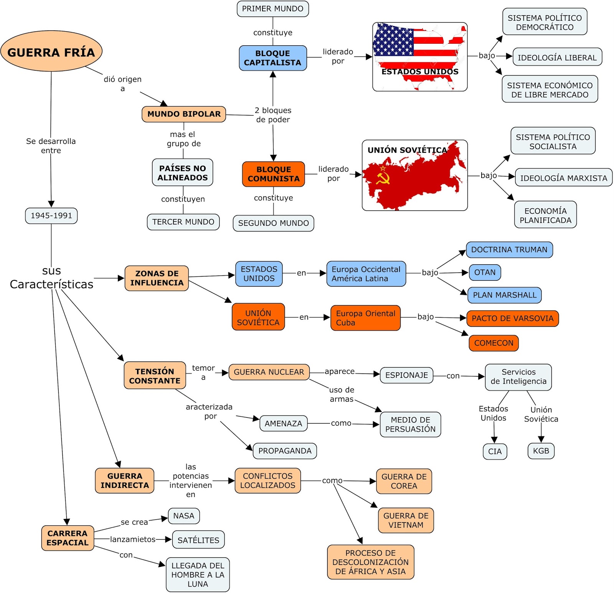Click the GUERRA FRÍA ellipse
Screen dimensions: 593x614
point(51,51)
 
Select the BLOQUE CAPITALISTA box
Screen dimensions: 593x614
point(272,58)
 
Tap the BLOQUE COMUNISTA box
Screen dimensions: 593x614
point(273,174)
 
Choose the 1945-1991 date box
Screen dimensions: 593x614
point(51,216)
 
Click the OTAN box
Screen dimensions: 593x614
point(485,272)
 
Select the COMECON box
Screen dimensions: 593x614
point(494,343)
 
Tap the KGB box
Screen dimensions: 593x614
point(541,451)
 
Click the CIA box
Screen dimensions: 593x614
point(495,451)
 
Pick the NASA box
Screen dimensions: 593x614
point(183,516)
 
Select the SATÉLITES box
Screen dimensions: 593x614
point(198,540)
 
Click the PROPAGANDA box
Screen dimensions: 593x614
point(285,451)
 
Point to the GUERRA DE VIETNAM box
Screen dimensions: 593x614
point(406,521)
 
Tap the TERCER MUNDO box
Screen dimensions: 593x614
point(183,222)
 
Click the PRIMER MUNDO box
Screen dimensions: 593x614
point(272,9)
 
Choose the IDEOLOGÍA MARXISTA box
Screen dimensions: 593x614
point(563,178)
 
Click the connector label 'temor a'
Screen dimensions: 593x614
point(203,372)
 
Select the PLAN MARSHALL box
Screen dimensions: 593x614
point(504,295)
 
